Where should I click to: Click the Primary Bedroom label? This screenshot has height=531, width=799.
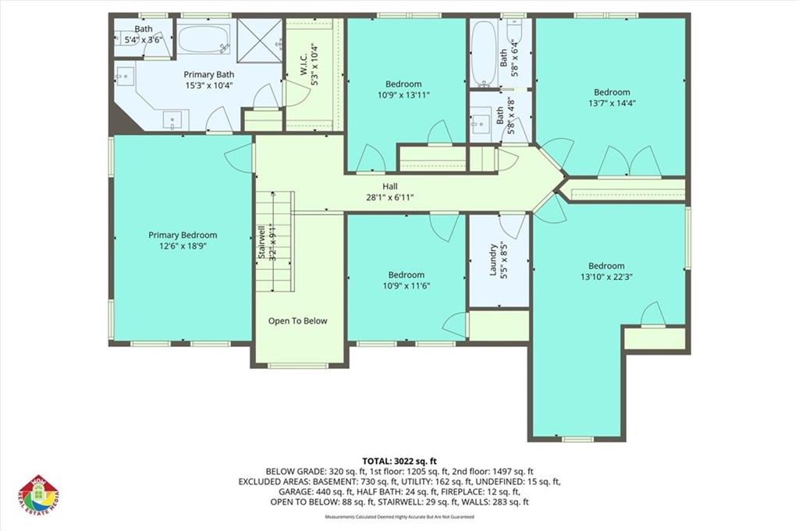point(183,235)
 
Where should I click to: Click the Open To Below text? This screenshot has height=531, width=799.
point(298,321)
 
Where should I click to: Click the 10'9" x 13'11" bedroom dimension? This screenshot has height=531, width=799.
point(403,95)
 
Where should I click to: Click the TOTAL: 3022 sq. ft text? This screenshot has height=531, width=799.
point(399,460)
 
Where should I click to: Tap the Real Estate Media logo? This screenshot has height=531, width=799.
point(39,496)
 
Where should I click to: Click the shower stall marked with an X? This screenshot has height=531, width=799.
point(259,37)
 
